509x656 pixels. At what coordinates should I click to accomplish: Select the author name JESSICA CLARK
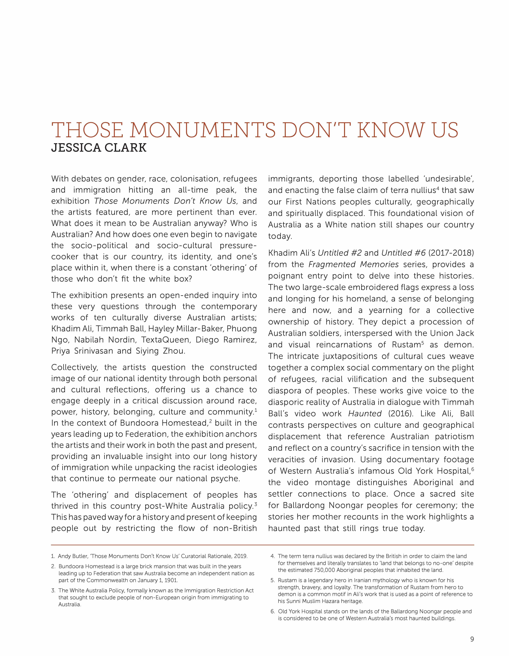(99, 148)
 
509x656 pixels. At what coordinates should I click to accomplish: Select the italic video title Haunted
(365, 414)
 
